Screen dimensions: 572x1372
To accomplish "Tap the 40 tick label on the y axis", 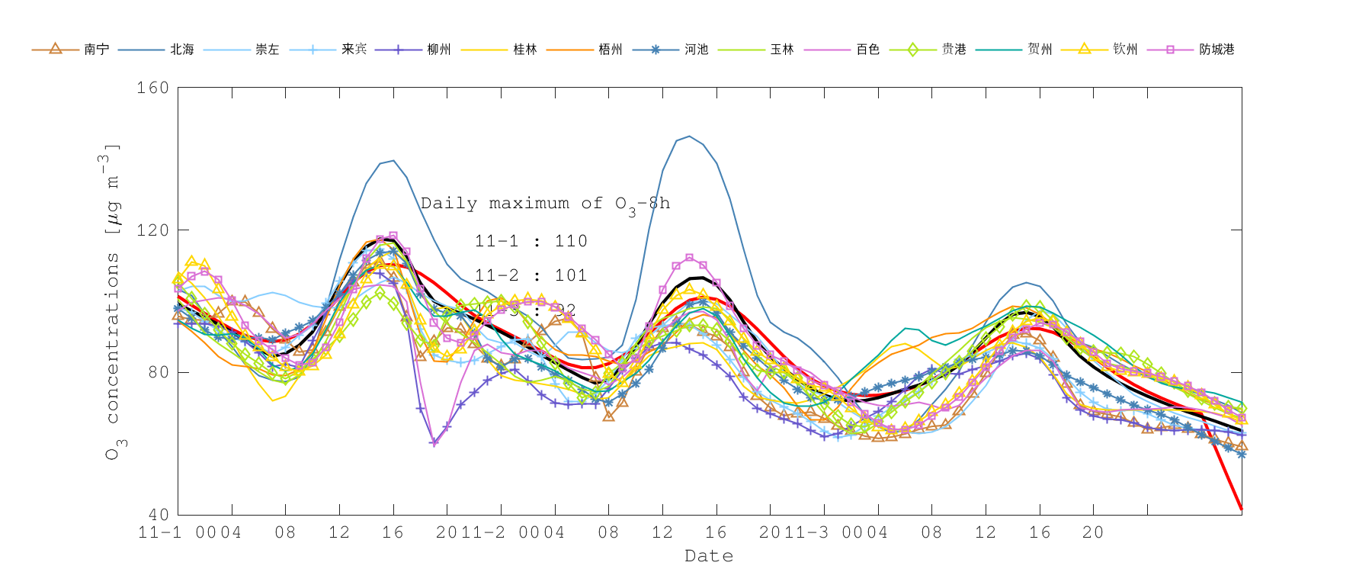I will click(158, 515).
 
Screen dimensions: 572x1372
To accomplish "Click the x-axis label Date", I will click(709, 556).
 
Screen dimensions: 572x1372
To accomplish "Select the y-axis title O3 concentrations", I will click(113, 301).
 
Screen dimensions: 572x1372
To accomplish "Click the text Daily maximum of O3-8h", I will click(545, 204).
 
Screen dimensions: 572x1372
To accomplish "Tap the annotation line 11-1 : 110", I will click(531, 241).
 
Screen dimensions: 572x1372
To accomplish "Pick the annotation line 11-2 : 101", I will click(531, 275).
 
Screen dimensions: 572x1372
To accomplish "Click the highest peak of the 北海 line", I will click(689, 137).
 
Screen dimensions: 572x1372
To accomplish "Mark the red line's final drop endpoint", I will click(1242, 509).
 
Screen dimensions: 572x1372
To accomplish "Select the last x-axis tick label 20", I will click(1093, 532).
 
